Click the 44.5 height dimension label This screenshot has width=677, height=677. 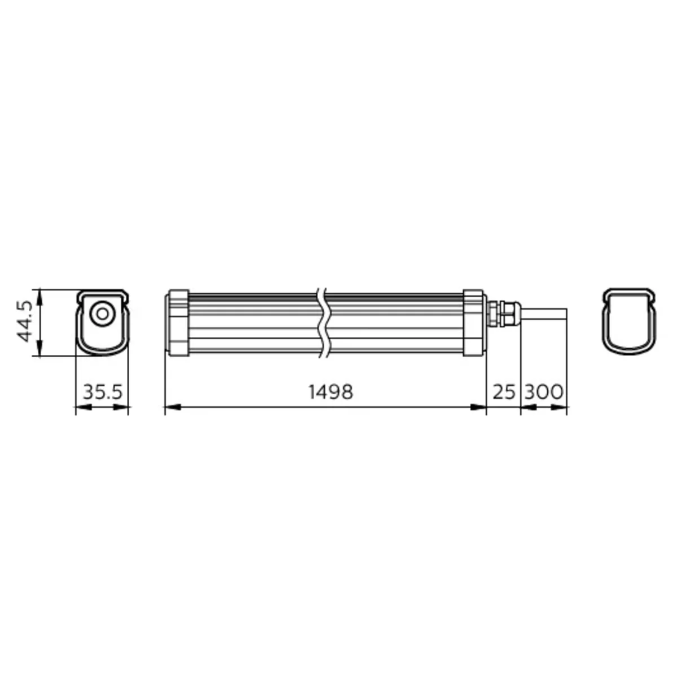click(25, 321)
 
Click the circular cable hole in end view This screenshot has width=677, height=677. click(102, 314)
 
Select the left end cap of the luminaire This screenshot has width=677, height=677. click(177, 323)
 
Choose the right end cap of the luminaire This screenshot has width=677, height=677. click(474, 323)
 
